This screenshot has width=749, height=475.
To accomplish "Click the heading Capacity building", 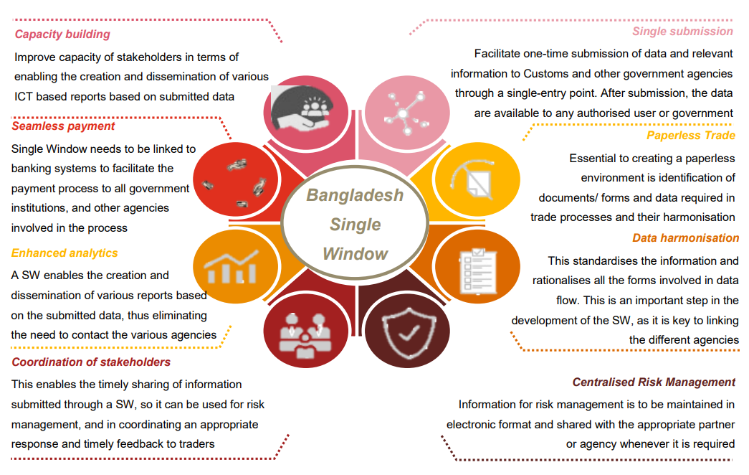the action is [62, 34].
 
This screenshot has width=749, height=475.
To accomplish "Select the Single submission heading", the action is [682, 32].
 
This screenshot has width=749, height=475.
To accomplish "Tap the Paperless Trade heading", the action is [691, 136].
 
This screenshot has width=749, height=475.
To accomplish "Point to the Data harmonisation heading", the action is [685, 237].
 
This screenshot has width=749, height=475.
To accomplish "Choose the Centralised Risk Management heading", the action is [654, 382].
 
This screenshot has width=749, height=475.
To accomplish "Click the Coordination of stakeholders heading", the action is [91, 362].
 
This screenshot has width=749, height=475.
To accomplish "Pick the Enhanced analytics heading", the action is [65, 253].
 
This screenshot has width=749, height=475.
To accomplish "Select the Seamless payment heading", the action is [63, 126].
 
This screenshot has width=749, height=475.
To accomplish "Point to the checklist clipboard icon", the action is [477, 271].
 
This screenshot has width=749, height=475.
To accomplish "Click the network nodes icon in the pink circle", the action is [406, 113].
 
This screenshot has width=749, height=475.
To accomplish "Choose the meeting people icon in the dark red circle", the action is [305, 336].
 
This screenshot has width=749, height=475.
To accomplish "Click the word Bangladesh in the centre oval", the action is [355, 195].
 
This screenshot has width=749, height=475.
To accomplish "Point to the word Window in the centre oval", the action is [355, 253].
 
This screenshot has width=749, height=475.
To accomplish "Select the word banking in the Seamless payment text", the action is [32, 169].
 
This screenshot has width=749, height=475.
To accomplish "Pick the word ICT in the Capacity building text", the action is [24, 97].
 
